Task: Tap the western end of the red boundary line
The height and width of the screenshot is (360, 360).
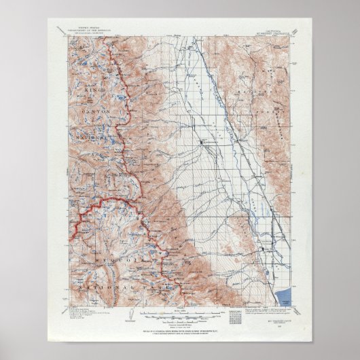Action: tap(73, 240)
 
